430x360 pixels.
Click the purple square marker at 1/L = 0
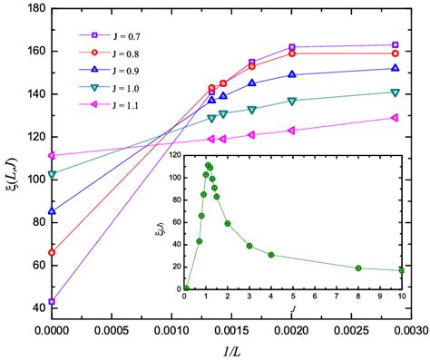(x=52, y=301)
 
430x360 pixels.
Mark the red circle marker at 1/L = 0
(x=52, y=252)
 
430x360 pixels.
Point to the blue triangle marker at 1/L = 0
(x=52, y=211)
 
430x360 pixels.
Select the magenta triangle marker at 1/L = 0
(x=52, y=155)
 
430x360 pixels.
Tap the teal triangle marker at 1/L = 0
(x=52, y=173)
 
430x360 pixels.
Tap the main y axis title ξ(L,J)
(x=10, y=163)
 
